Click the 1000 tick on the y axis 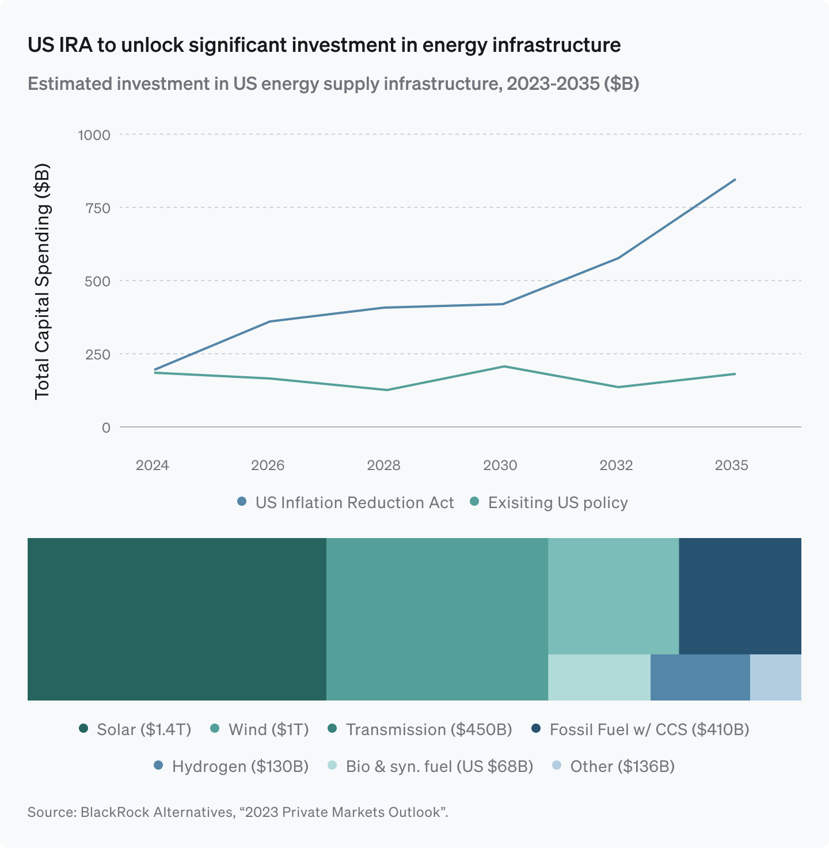(x=94, y=135)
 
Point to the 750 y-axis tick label (x=97, y=208)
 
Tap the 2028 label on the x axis (x=383, y=465)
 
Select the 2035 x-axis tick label (x=731, y=465)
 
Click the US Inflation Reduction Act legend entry (x=346, y=502)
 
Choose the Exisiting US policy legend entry (x=549, y=502)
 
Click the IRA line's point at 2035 (x=735, y=180)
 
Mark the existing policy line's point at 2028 (x=386, y=390)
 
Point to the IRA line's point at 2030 (x=503, y=304)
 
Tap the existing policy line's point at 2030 (x=503, y=366)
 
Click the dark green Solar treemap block (x=177, y=619)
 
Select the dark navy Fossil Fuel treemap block (x=740, y=596)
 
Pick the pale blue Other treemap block (x=775, y=677)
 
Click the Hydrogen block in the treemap (x=700, y=677)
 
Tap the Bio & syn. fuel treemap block (x=599, y=677)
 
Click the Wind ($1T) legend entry (x=260, y=729)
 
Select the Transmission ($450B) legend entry (x=420, y=729)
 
